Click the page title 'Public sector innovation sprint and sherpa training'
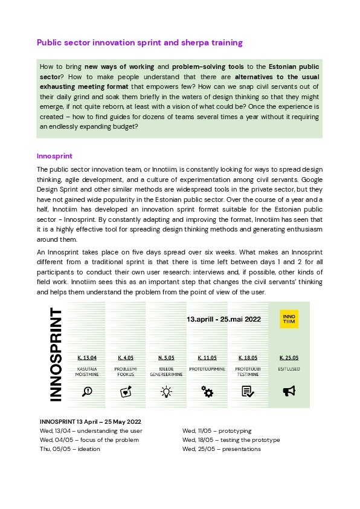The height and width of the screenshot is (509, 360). pos(140,43)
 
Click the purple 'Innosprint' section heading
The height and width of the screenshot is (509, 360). pos(54,155)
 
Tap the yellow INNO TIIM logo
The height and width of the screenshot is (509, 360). pos(289,319)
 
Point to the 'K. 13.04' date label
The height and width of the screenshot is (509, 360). pos(87,357)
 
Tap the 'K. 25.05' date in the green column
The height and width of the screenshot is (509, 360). pos(289,357)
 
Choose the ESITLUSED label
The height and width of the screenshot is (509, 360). pos(289,368)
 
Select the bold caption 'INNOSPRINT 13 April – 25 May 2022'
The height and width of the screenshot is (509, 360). pos(90,421)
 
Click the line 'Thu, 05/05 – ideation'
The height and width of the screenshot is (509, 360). pos(69,449)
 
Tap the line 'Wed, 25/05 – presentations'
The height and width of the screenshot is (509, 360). pos(221,449)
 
